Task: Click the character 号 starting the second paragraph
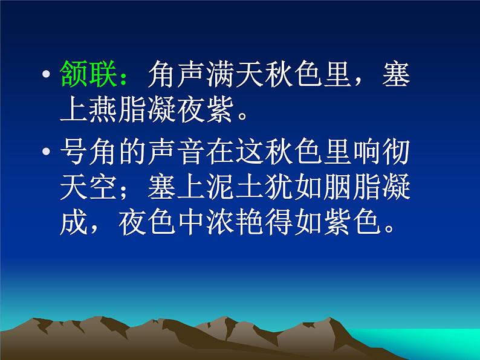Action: click(75, 153)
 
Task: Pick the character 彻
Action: click(394, 153)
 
